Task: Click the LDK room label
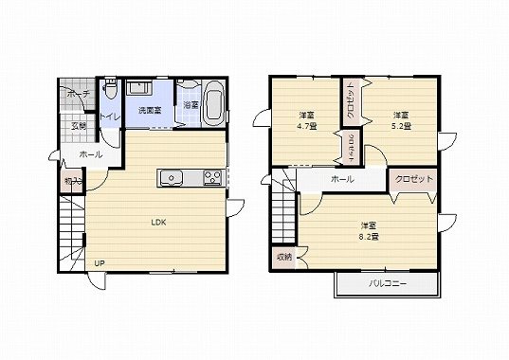coord(158,223)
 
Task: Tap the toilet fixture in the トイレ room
coord(110,91)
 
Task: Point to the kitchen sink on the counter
coord(173,177)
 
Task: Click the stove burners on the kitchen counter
coord(211,177)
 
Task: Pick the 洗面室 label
coord(149,111)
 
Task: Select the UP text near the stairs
coord(99,262)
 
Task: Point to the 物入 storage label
coord(72,180)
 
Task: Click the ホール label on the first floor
coord(92,153)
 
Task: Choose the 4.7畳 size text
coord(306,126)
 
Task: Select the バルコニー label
coord(388,284)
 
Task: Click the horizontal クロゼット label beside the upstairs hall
coord(413,179)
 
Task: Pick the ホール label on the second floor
coord(342,179)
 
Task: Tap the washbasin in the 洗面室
coord(139,88)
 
